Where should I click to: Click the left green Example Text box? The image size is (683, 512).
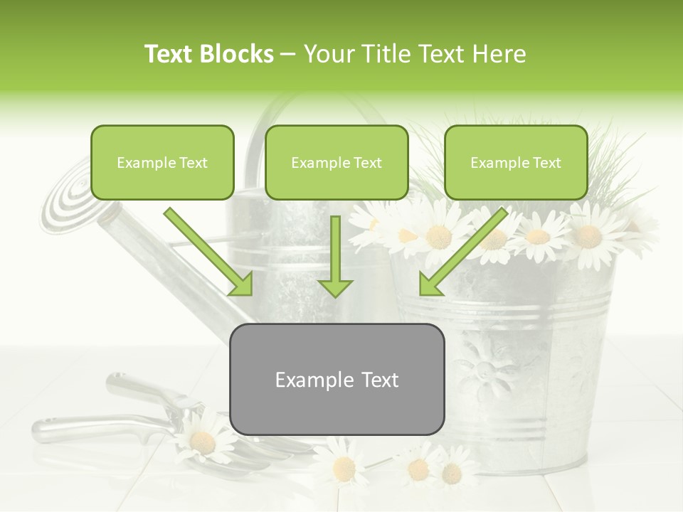[162, 162]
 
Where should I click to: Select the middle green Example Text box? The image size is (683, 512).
[337, 162]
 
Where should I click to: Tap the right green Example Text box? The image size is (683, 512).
[516, 162]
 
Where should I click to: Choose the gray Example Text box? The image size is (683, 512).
[337, 379]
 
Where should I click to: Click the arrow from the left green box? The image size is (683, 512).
[209, 252]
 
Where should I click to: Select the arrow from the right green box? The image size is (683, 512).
[462, 252]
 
